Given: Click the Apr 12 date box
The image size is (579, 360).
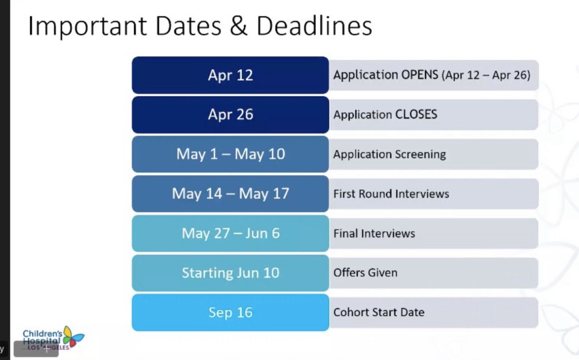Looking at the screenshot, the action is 230,75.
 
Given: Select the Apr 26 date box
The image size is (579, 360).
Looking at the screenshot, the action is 230,115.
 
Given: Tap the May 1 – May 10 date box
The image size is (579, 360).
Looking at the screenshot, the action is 230,154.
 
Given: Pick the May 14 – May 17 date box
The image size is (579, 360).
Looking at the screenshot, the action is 230,193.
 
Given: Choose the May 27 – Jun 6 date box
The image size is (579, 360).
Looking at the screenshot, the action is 230,233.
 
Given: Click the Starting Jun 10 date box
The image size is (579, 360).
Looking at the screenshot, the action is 230,273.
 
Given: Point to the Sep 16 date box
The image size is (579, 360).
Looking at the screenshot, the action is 230,313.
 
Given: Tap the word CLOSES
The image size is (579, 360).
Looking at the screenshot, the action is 416,115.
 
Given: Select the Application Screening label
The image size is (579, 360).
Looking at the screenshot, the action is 390,155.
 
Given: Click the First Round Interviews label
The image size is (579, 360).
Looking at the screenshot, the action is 391,194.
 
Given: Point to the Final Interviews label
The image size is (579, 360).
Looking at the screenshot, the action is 374,233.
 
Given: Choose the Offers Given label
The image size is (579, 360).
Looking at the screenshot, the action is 365,273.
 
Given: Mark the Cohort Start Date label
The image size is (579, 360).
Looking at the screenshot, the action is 379,313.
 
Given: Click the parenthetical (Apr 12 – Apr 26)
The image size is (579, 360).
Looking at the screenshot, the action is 486,75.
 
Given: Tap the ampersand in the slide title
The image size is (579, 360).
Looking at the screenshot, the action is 239,26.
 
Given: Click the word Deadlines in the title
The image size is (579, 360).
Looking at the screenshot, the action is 314,25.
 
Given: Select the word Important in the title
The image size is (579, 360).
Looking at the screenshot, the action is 87,26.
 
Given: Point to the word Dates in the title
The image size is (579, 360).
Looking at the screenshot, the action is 188,26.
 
